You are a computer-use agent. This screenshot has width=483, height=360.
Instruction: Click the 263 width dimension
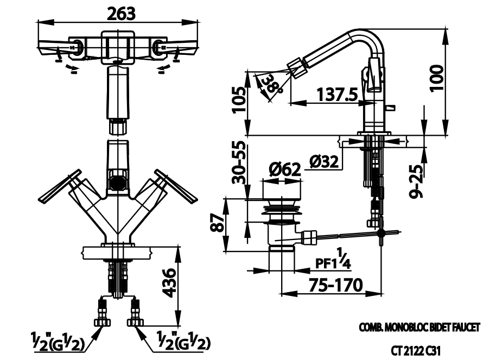tap(120, 13)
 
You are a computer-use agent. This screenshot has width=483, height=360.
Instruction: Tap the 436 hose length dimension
tap(170, 282)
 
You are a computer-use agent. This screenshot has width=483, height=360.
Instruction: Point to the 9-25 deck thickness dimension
tap(416, 181)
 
